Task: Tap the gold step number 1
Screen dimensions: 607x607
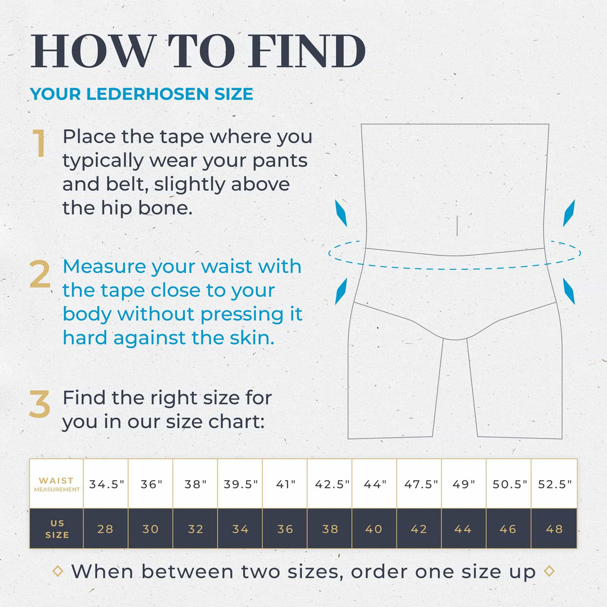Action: (40, 144)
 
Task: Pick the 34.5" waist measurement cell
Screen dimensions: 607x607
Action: (107, 484)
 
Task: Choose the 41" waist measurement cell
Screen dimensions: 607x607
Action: (285, 484)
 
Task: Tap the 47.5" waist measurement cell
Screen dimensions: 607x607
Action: (418, 484)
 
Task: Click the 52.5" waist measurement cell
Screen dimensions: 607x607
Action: (554, 484)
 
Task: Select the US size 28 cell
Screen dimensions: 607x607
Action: (106, 529)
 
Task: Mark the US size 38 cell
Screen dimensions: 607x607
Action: (330, 529)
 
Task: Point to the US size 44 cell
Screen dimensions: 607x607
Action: (463, 529)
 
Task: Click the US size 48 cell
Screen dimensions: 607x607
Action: (554, 529)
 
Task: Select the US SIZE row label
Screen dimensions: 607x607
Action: (57, 529)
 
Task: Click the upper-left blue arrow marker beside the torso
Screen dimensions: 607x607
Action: (341, 213)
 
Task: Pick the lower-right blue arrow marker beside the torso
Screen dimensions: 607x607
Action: (568, 292)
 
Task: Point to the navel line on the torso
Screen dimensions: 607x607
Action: (457, 225)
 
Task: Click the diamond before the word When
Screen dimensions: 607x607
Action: (58, 571)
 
